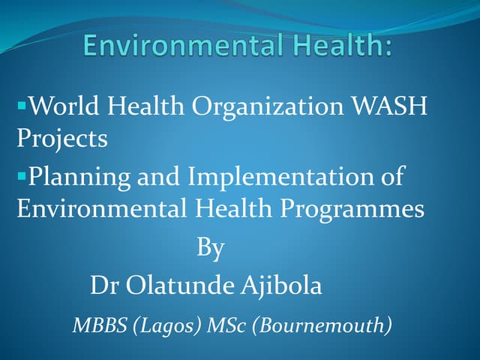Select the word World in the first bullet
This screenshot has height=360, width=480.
coord(62,107)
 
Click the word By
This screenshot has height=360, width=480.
coord(211,248)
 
